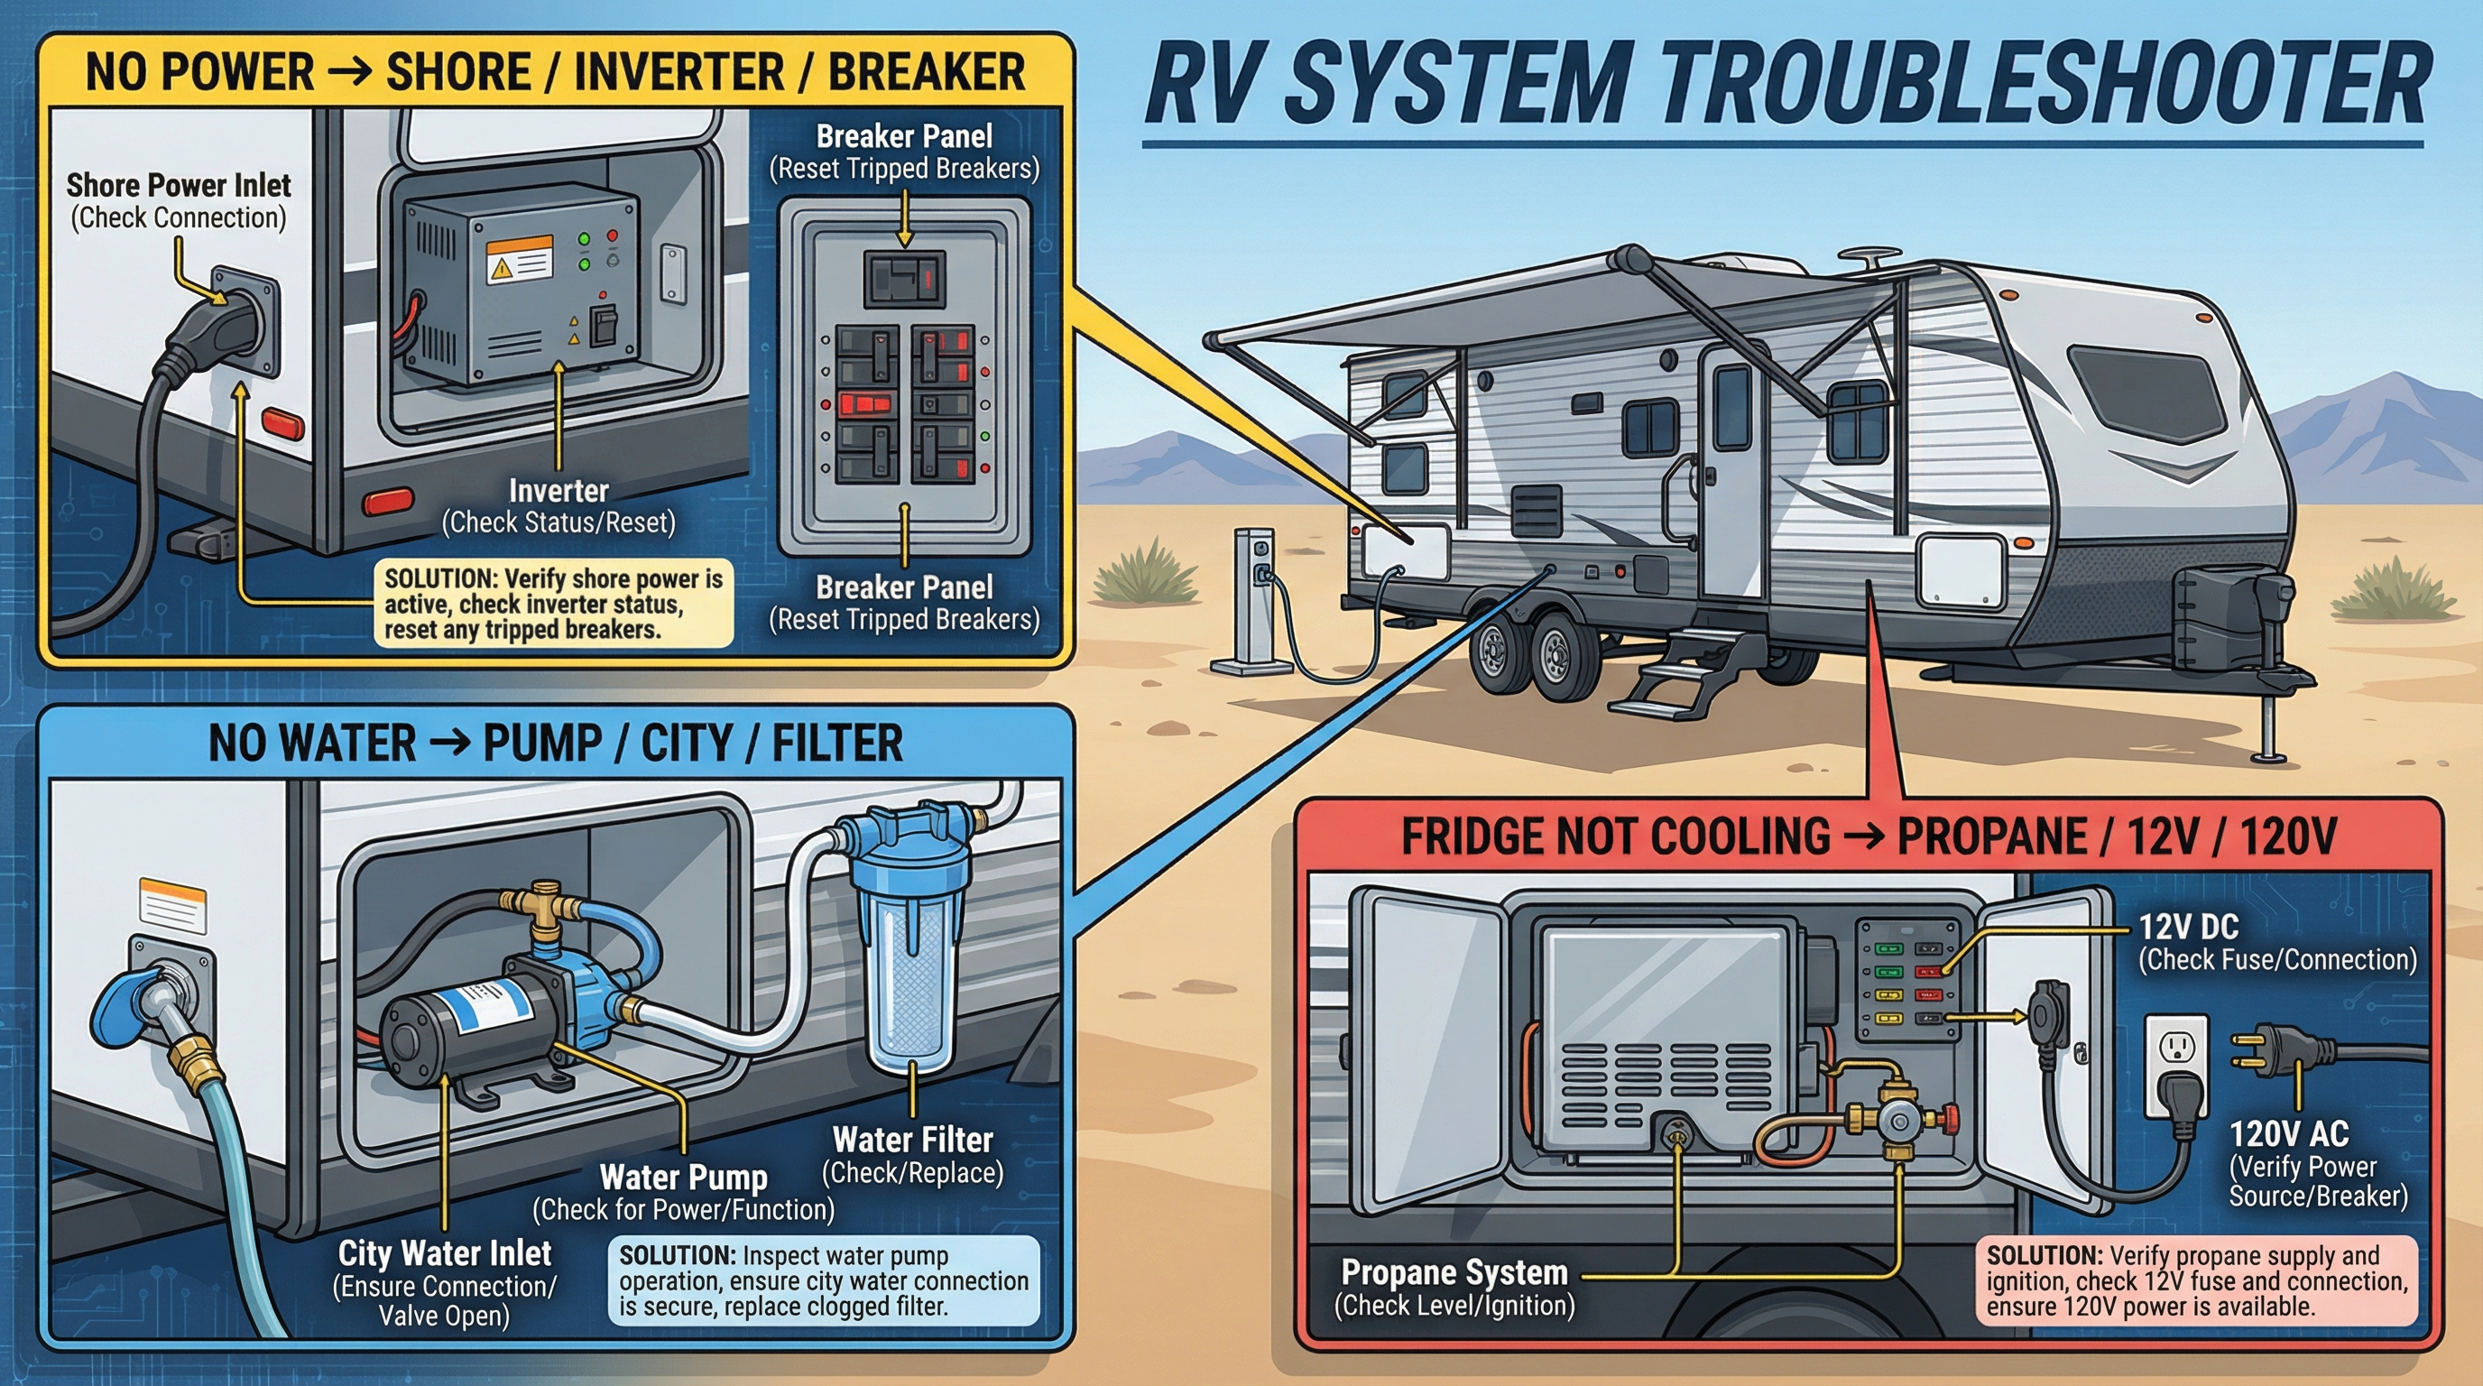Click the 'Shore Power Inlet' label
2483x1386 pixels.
pyautogui.click(x=179, y=185)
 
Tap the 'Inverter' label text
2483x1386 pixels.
pyautogui.click(x=558, y=491)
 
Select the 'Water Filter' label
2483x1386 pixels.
pyautogui.click(x=912, y=1141)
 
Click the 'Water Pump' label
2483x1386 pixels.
pyautogui.click(x=683, y=1177)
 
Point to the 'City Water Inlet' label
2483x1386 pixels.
pyautogui.click(x=444, y=1253)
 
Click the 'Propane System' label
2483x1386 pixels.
pyautogui.click(x=1454, y=1272)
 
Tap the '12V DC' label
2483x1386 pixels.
pyautogui.click(x=2188, y=928)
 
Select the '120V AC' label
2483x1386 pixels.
pyautogui.click(x=2288, y=1133)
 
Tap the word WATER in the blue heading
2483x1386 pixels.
pyautogui.click(x=350, y=744)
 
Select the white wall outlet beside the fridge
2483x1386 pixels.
pyautogui.click(x=2177, y=1060)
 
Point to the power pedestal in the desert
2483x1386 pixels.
pyautogui.click(x=1253, y=597)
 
